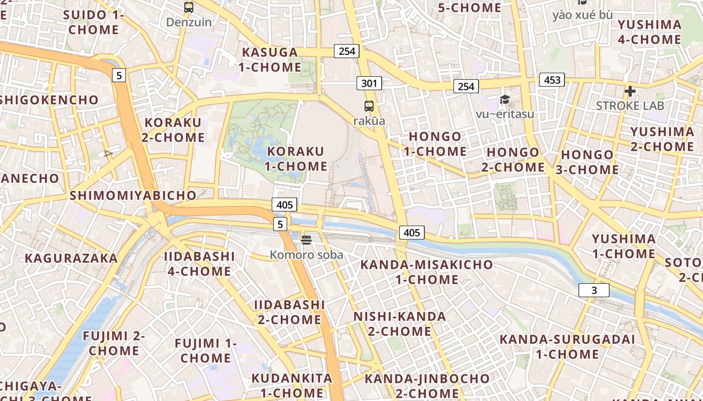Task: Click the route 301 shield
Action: (369, 83)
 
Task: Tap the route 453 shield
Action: (552, 80)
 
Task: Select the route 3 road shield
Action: (594, 290)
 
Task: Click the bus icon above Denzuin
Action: (189, 8)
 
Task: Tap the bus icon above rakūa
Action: (369, 106)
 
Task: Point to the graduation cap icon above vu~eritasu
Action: (505, 100)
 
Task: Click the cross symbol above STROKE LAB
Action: (630, 91)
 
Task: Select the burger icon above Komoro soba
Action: (306, 240)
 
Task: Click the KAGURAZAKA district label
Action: (71, 258)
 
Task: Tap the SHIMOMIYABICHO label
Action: (133, 195)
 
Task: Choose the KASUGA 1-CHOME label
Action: (270, 59)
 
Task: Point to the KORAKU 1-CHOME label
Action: (296, 158)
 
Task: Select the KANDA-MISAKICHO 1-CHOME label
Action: (427, 272)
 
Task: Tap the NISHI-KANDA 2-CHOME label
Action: (400, 324)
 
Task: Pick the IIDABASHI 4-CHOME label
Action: (199, 264)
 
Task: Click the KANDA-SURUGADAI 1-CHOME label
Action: (567, 346)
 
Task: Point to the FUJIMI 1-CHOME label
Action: (205, 350)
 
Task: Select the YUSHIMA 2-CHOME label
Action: (662, 139)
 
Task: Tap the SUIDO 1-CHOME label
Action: (93, 22)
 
